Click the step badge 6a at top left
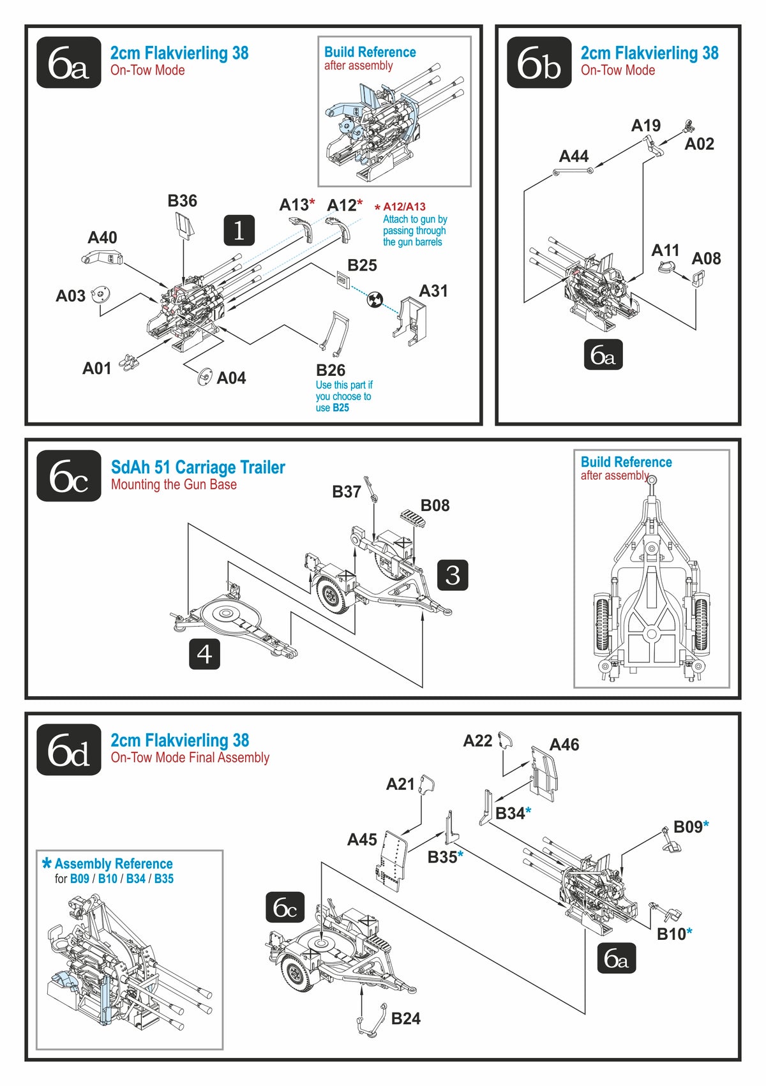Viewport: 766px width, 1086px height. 69,63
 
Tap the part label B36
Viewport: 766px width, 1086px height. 182,201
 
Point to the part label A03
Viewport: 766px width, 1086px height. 70,296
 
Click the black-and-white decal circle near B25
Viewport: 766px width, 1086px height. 375,299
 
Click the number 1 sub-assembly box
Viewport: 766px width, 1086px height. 239,230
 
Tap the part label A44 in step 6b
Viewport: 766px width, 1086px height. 573,156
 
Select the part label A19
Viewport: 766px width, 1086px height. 645,126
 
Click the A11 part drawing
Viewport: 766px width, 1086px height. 668,269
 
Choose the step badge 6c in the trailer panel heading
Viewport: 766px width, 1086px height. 69,476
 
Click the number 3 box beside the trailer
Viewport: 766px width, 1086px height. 453,575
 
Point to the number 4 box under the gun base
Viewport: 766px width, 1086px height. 204,654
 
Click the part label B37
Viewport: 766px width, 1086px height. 347,492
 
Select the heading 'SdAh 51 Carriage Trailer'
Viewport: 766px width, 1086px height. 198,467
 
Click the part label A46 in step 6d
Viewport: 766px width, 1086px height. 564,745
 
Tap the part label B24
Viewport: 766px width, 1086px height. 405,1018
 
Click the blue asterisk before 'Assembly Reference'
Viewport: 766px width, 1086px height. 47,864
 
